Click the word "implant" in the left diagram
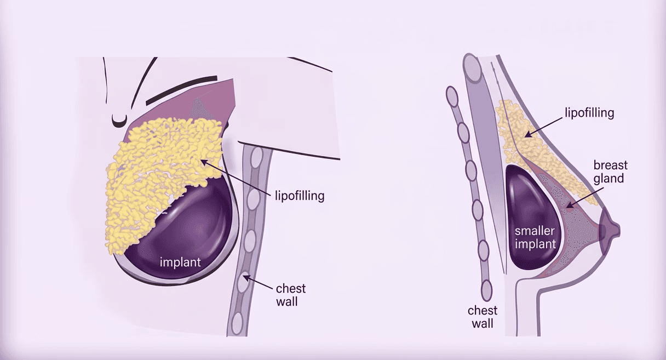[x=180, y=262]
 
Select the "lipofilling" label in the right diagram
[x=589, y=113]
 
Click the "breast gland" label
[x=611, y=172]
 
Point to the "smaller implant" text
[x=534, y=237]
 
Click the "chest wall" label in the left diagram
[x=291, y=294]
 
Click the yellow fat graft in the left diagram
[x=159, y=175]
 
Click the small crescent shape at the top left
[x=117, y=119]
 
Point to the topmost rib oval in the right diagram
[x=453, y=97]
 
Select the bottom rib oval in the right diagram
[x=486, y=288]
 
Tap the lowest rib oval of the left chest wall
[x=238, y=325]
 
